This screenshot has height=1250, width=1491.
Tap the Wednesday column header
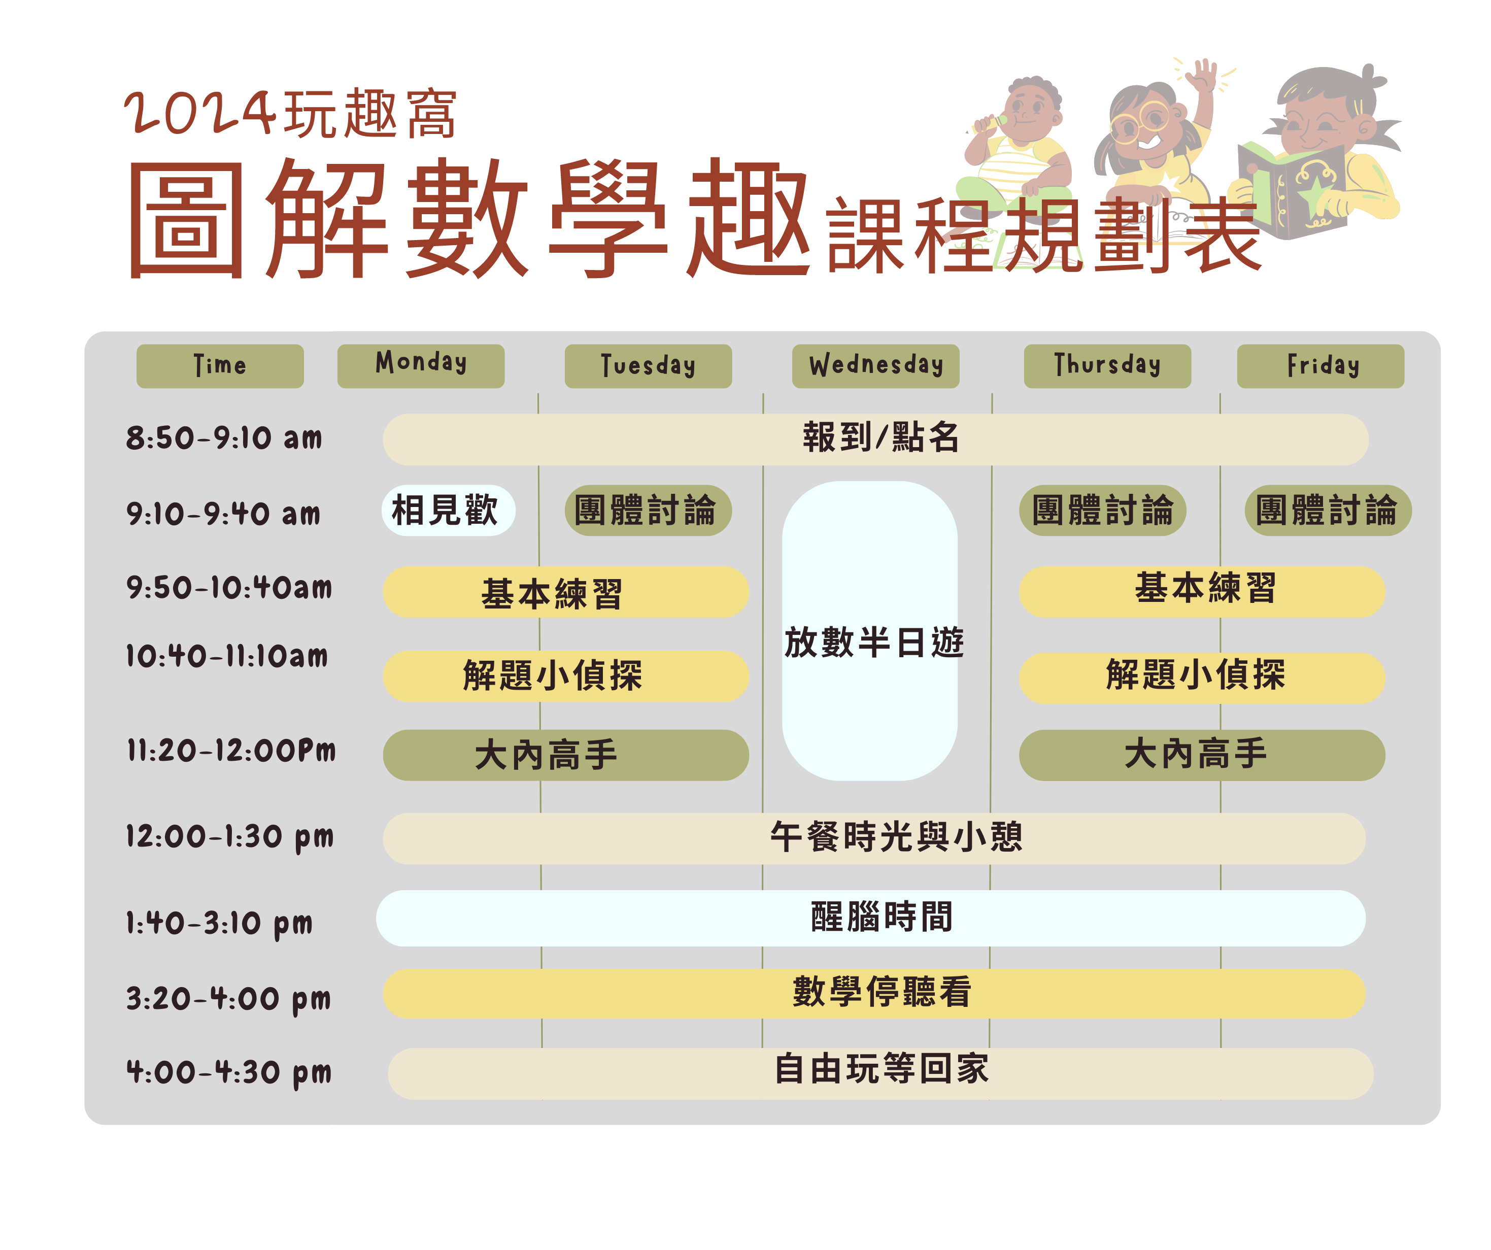(875, 366)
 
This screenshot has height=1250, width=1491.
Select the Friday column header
(1320, 366)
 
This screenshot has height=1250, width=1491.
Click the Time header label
(220, 366)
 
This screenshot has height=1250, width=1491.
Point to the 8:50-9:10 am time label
(224, 438)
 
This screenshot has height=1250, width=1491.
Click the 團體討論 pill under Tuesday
(648, 510)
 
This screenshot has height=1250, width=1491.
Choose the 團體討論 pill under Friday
(1328, 510)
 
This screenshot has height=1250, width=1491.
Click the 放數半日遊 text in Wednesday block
(874, 643)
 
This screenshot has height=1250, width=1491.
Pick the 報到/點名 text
(881, 437)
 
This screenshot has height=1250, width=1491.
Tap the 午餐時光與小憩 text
(896, 837)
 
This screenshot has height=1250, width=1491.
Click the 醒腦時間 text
(882, 917)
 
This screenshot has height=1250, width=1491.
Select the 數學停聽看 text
(882, 992)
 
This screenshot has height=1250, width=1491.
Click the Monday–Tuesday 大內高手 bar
(566, 755)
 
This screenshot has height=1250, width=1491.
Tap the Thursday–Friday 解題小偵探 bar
(1202, 678)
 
